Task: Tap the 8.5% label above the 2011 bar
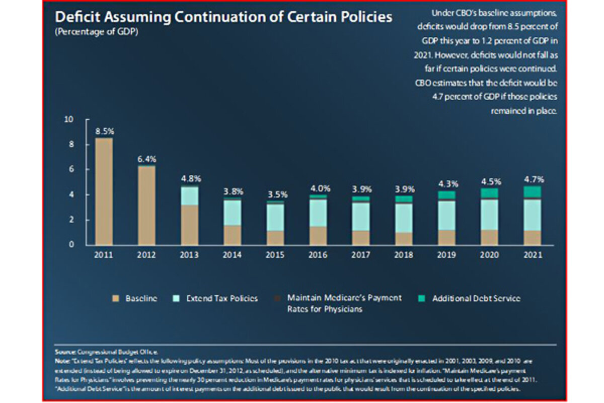click(x=105, y=131)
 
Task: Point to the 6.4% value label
click(x=147, y=159)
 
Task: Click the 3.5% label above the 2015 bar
click(x=275, y=194)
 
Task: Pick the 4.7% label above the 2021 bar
click(x=533, y=179)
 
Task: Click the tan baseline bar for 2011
click(x=105, y=191)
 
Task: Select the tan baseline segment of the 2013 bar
click(x=190, y=225)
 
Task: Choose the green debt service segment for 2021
click(x=533, y=192)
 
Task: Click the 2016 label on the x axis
click(x=318, y=255)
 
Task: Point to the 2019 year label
click(x=447, y=255)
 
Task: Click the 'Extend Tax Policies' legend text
click(x=222, y=299)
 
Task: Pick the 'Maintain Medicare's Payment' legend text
click(x=344, y=298)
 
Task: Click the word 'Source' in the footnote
click(x=63, y=353)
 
